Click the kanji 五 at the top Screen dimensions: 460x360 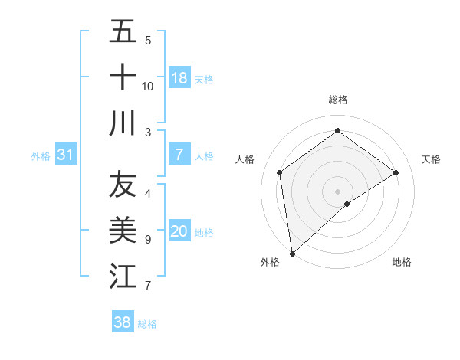pyautogui.click(x=123, y=32)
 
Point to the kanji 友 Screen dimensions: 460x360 pyautogui.click(x=123, y=184)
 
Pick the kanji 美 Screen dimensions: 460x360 pyautogui.click(x=123, y=229)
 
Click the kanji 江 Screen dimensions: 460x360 pyautogui.click(x=123, y=275)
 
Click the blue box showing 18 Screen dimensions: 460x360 pyautogui.click(x=179, y=78)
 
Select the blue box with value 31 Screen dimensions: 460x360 pyautogui.click(x=65, y=155)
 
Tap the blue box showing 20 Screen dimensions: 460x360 pyautogui.click(x=179, y=232)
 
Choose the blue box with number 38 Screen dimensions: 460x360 pyautogui.click(x=123, y=322)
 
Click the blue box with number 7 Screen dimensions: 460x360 pyautogui.click(x=179, y=155)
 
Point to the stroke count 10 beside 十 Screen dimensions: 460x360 pyautogui.click(x=147, y=86)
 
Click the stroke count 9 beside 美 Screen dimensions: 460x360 pyautogui.click(x=147, y=240)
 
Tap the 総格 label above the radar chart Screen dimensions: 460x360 pyautogui.click(x=338, y=100)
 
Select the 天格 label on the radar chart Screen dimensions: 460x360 pyautogui.click(x=431, y=159)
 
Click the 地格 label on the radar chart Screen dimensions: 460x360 pyautogui.click(x=402, y=262)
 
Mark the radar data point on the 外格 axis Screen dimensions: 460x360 pyautogui.click(x=292, y=253)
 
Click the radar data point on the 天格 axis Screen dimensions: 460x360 pyautogui.click(x=396, y=172)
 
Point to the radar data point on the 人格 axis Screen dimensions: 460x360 pyautogui.click(x=280, y=172)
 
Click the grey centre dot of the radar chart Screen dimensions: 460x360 pyautogui.click(x=338, y=191)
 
